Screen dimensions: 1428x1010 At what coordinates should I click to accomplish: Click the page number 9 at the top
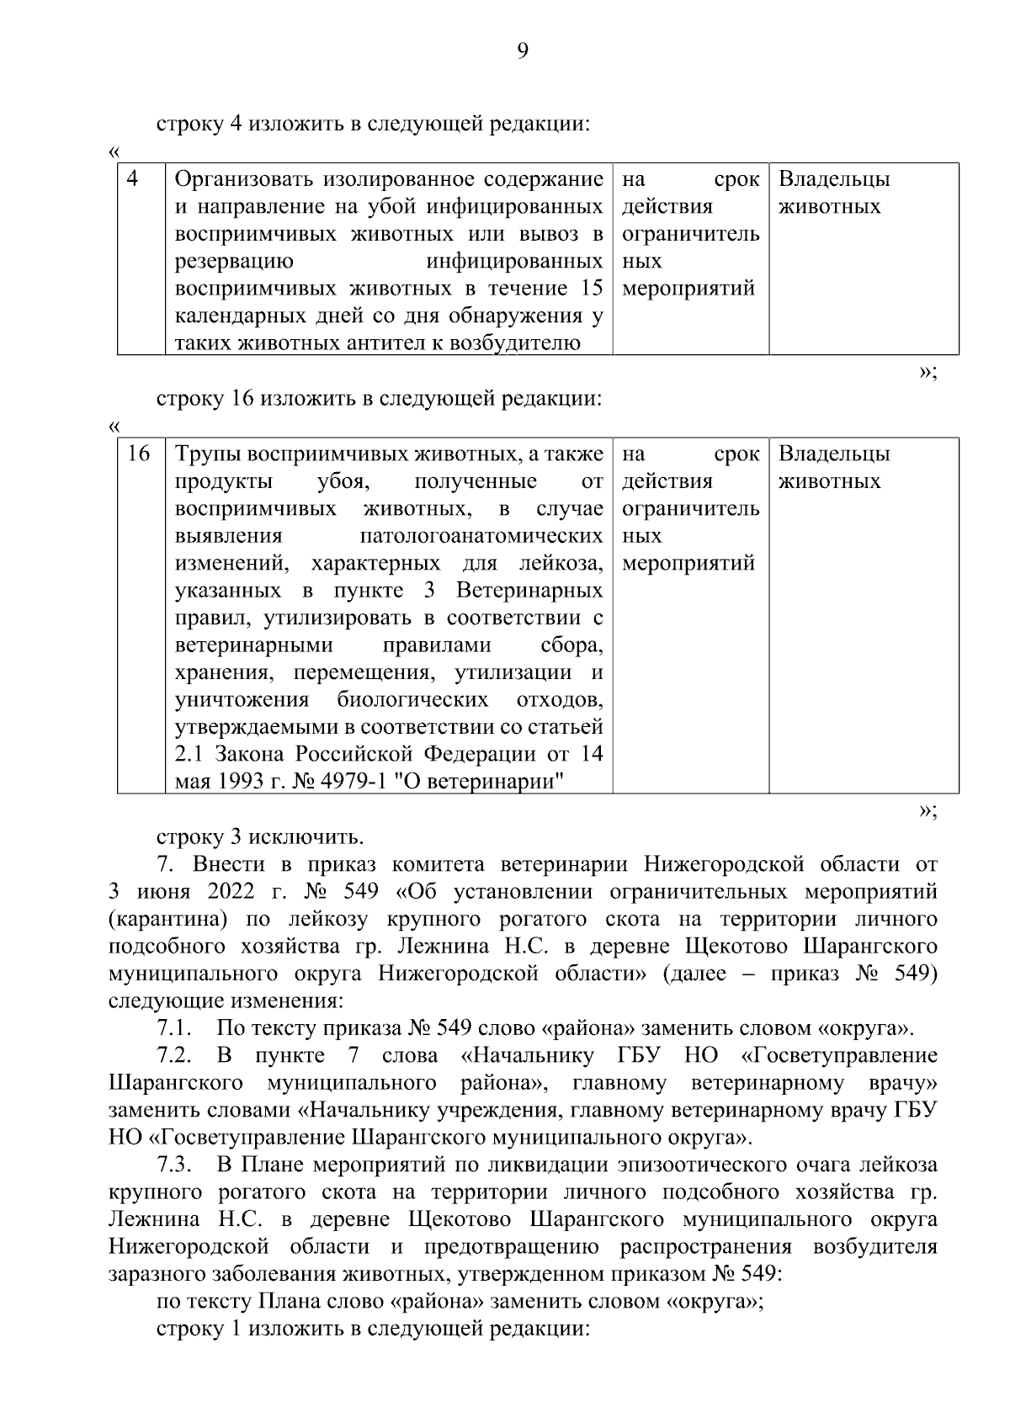pos(522,52)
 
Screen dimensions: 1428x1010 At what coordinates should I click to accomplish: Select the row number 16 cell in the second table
pos(139,454)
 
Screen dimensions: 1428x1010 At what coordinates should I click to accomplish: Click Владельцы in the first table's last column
pos(834,179)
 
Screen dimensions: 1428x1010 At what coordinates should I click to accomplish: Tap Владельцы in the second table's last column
pos(834,454)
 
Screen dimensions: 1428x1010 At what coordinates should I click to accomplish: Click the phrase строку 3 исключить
pos(260,836)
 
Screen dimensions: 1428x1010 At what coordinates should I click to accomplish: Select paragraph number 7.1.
pos(175,1028)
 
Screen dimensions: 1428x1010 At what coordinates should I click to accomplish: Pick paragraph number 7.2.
pos(175,1055)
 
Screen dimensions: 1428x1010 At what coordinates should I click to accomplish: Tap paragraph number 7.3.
pos(175,1165)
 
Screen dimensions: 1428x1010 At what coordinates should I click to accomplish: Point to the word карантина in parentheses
pos(161,919)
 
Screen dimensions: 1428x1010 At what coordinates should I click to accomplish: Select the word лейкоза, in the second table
pos(561,563)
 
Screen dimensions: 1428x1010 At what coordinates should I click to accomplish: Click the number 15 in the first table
pos(592,289)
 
